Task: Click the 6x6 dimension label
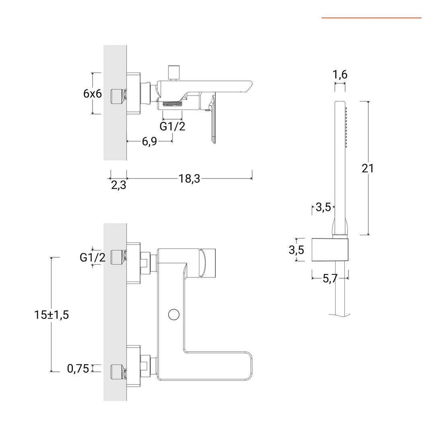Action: (x=92, y=93)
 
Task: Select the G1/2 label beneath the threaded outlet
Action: (x=172, y=126)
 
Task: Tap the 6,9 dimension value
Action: (x=149, y=142)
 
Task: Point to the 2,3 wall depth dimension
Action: (x=118, y=186)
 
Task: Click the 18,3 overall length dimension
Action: (x=189, y=179)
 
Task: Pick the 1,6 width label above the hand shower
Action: (x=340, y=75)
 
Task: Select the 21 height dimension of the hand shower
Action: (x=367, y=168)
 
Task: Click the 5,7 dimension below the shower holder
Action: (x=330, y=278)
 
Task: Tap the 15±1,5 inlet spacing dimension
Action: (x=52, y=315)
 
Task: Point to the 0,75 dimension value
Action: (x=78, y=368)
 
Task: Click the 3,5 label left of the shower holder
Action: (x=296, y=250)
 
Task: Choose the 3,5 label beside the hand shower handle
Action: (x=323, y=207)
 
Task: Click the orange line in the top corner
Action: (x=371, y=18)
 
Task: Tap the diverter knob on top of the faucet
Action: (x=174, y=72)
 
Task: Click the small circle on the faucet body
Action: (x=174, y=314)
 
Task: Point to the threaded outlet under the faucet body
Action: (x=172, y=105)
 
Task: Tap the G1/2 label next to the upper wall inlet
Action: (x=92, y=257)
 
